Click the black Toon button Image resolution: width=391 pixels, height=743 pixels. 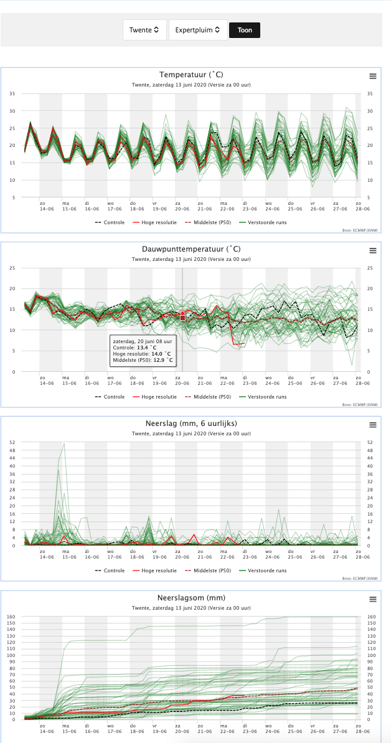(x=245, y=30)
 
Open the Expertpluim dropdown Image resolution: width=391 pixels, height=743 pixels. (x=198, y=30)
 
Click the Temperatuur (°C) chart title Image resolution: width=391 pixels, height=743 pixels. (x=192, y=74)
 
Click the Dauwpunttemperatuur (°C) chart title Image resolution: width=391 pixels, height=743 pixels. (x=192, y=248)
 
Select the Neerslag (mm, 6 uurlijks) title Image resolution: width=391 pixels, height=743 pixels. (x=192, y=423)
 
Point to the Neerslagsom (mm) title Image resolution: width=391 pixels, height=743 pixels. (x=192, y=598)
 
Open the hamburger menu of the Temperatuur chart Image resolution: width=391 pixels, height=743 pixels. (x=373, y=76)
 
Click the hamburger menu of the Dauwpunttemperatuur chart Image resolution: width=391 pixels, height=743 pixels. (x=373, y=250)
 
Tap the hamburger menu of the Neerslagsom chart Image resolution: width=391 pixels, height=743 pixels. (x=373, y=599)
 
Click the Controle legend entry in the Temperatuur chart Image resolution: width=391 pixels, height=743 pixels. (x=110, y=222)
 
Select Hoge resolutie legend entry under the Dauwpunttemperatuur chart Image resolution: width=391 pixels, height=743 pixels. (x=156, y=397)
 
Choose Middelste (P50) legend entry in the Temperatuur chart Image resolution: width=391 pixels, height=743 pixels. (x=208, y=222)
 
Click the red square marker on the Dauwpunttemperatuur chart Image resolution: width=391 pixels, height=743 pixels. (x=182, y=318)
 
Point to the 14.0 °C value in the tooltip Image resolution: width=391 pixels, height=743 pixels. (x=162, y=354)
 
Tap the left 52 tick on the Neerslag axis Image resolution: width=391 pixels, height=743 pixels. (x=13, y=442)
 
